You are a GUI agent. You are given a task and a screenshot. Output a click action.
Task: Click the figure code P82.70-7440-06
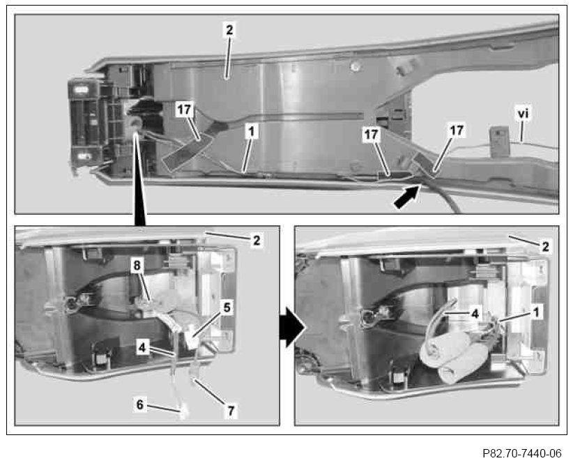coord(521,453)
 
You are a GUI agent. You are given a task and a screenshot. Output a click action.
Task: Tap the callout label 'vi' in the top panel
coord(523,114)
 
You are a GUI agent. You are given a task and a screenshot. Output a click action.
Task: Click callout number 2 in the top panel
coord(229,30)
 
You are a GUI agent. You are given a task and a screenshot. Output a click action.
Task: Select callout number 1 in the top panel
coord(252,132)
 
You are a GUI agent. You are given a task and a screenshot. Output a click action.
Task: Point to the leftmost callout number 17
coord(184,109)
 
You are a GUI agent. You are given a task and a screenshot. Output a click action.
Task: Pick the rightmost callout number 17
coord(456,130)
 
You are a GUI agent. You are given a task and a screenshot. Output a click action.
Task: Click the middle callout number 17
coord(371,135)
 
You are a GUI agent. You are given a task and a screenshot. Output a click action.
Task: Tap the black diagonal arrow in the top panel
coord(406,197)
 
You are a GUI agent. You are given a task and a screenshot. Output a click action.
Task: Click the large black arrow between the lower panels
coord(292,328)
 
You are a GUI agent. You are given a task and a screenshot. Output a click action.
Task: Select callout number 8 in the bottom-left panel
coord(137,266)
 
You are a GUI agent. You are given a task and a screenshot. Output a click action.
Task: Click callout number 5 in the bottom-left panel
coord(227,308)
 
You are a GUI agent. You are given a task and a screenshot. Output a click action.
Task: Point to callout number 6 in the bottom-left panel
coord(140,404)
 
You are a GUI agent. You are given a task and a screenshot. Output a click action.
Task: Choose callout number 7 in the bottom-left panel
coord(231,411)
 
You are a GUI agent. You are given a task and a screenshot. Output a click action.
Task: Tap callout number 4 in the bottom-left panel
coord(142,347)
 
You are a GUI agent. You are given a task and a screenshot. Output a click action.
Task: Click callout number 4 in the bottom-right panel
coord(475,314)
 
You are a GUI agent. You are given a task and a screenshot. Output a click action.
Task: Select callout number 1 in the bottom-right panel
coord(536,312)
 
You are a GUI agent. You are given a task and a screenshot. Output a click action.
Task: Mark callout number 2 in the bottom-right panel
coord(545,247)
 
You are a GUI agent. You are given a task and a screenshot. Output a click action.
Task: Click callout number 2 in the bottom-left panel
coord(257,241)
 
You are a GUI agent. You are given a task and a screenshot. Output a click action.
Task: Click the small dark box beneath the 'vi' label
coord(500,142)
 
